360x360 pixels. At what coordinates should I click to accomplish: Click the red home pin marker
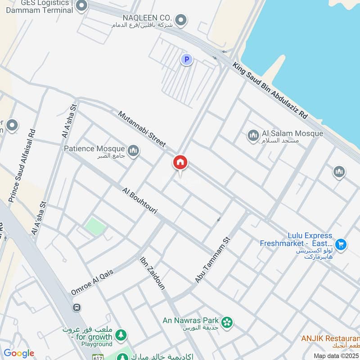point(180,163)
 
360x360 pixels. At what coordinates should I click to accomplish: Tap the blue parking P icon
point(186,59)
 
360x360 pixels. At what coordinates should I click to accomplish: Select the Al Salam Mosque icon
point(253,135)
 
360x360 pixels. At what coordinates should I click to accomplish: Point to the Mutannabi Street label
point(142,129)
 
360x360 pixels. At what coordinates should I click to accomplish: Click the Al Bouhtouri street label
point(139,200)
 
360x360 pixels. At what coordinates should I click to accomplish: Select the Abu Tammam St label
point(213,260)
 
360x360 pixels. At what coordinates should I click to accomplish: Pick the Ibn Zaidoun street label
point(153,273)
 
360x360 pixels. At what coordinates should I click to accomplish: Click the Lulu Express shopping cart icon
point(341,244)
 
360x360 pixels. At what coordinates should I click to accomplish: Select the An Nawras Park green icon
point(228,321)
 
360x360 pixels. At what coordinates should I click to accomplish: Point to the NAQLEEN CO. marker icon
point(181,20)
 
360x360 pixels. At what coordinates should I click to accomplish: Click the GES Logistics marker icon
point(81,6)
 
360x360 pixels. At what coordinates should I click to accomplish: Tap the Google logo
point(19,353)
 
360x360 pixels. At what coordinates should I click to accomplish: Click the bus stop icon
point(76,307)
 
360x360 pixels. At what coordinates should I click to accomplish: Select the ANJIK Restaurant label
point(331,337)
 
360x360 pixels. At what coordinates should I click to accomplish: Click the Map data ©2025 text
point(335,356)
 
